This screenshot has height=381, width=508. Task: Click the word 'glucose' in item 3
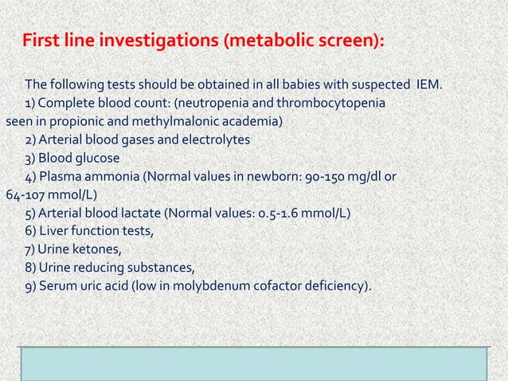[96, 158]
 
